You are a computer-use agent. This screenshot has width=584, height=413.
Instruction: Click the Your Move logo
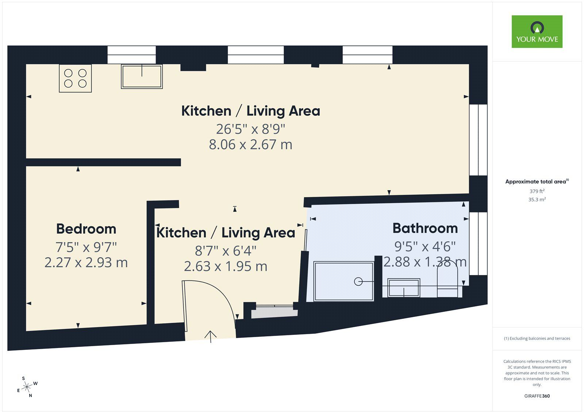coord(537,31)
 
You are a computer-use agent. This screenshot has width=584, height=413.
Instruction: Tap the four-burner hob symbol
coord(75,78)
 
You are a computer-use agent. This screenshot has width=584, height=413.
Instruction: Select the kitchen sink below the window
coord(142,77)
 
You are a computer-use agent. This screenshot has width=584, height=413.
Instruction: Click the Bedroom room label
coord(86,229)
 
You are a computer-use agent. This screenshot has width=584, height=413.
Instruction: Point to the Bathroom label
coord(425,228)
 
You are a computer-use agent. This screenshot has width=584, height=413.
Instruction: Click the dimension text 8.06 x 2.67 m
coord(250,145)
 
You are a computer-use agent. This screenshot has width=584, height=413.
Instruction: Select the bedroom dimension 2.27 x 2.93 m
coord(86,263)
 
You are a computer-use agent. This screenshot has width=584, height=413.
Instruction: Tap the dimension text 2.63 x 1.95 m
coord(226,266)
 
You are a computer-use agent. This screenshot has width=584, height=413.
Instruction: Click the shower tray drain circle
coord(358,282)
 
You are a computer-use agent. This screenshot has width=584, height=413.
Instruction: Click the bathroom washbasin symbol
coord(404,287)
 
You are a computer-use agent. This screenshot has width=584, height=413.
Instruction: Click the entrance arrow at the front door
coord(211,336)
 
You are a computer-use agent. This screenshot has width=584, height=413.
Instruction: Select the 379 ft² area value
coord(537,191)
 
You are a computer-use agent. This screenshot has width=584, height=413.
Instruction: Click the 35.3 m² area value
coord(537,199)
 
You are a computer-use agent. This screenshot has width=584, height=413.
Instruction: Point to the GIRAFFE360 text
coord(537,396)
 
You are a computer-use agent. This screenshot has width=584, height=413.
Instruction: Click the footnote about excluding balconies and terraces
coord(537,339)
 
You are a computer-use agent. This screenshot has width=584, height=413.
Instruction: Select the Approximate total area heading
coord(536,181)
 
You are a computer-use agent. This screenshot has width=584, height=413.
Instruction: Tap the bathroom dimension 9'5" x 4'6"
coord(425,246)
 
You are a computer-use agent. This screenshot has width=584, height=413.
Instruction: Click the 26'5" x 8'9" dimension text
coord(250,129)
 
